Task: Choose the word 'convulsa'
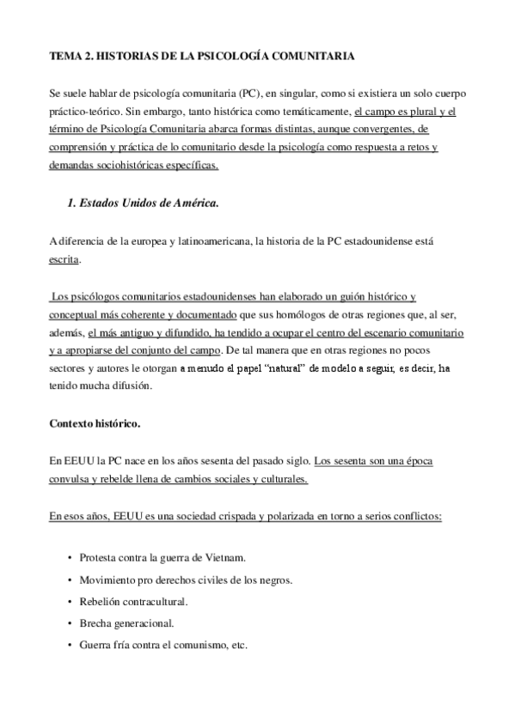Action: [x=73, y=480]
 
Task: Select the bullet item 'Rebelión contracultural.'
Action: [x=133, y=602]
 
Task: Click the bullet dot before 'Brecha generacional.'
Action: [x=69, y=624]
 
